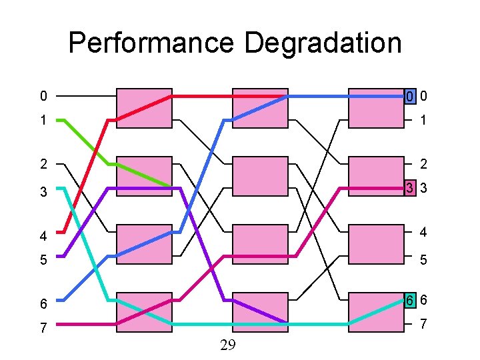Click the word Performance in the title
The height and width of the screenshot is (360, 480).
pyautogui.click(x=152, y=44)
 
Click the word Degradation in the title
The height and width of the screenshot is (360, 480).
pyautogui.click(x=323, y=44)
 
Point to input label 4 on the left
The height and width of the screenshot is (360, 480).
pyautogui.click(x=43, y=236)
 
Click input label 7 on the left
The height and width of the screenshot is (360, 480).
pyautogui.click(x=43, y=328)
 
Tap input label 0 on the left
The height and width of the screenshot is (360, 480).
pyautogui.click(x=43, y=97)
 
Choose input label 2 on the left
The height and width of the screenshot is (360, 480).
pyautogui.click(x=43, y=164)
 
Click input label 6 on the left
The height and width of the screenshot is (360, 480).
pyautogui.click(x=43, y=304)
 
